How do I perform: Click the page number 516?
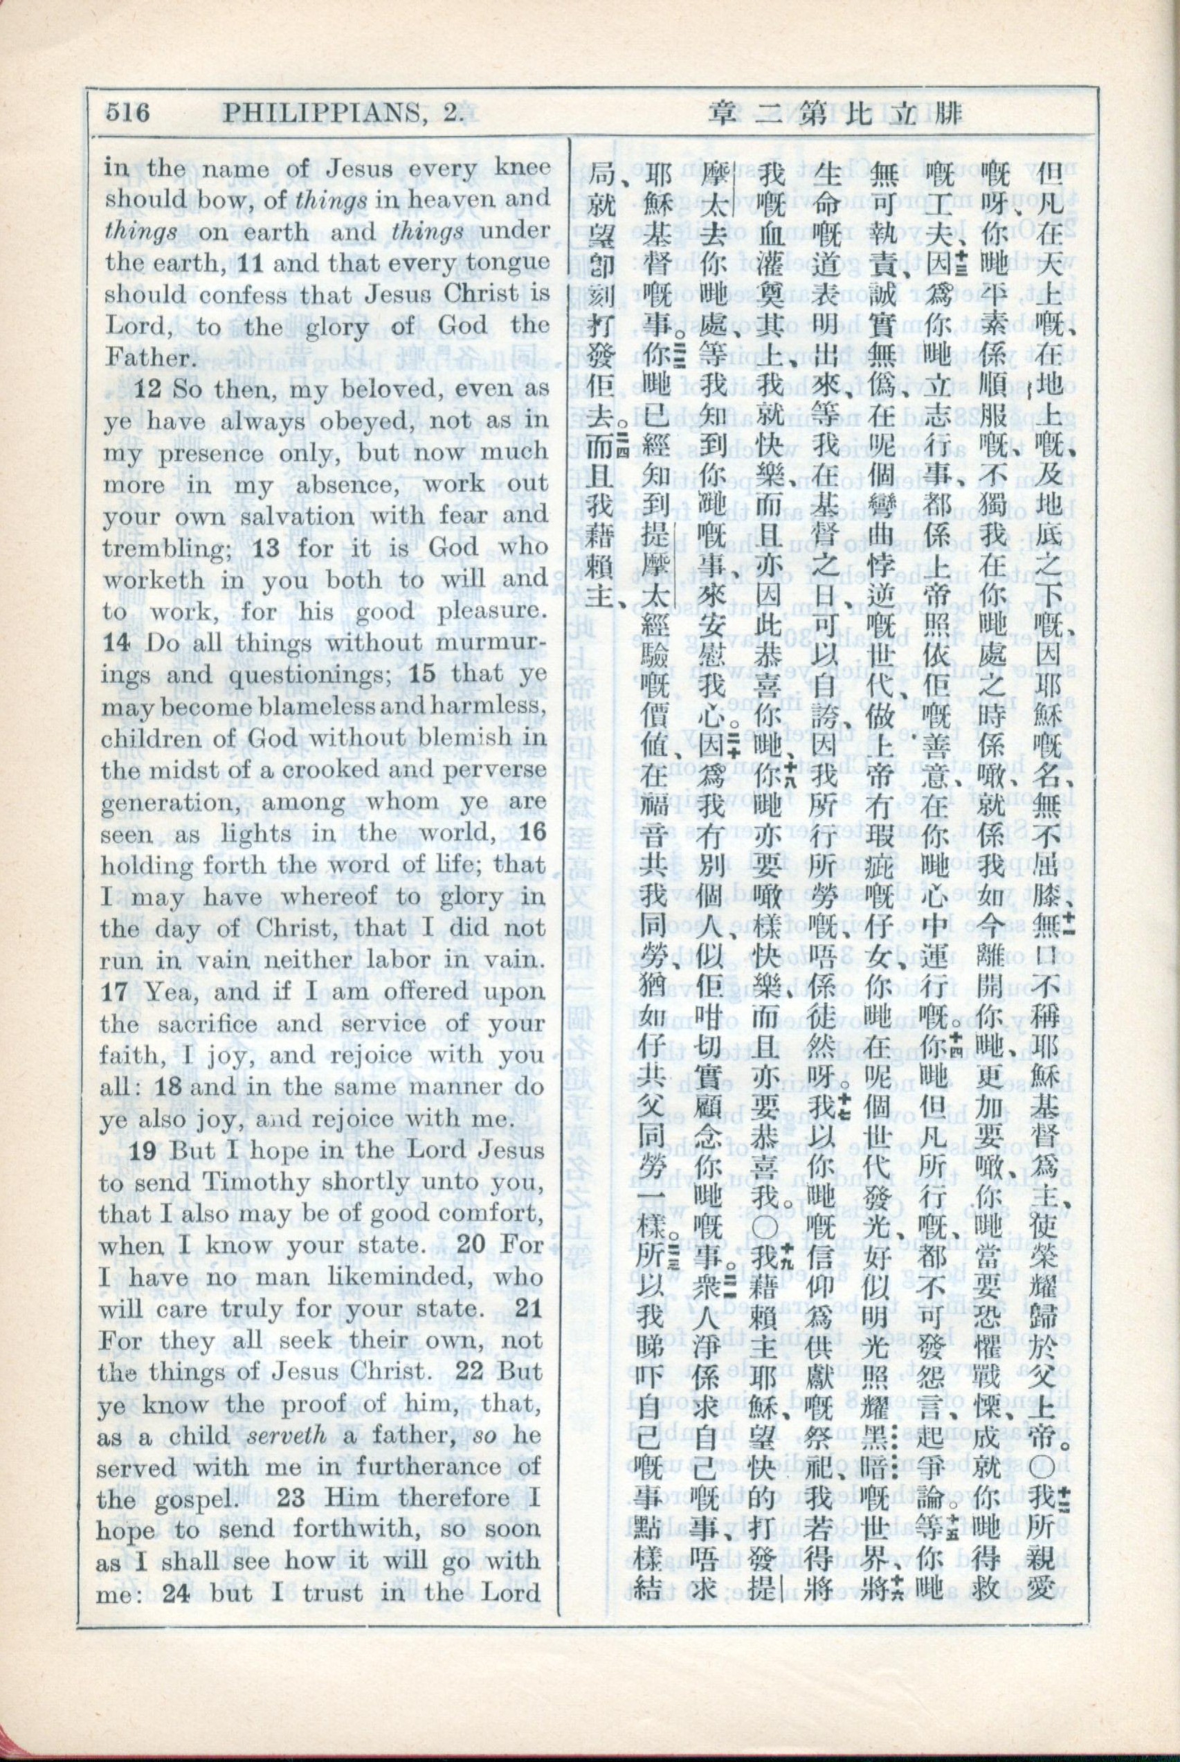click(129, 113)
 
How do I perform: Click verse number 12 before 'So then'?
click(147, 390)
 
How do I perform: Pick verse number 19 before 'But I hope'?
click(147, 1150)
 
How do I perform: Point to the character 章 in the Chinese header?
click(724, 113)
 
